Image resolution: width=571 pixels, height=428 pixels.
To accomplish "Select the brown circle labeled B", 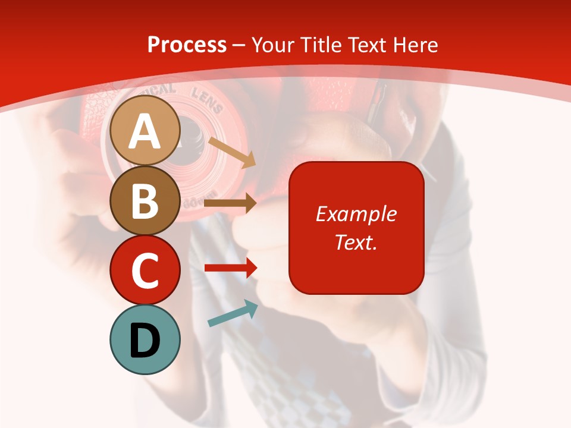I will click(145, 200).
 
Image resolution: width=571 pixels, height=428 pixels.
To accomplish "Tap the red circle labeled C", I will click(145, 270).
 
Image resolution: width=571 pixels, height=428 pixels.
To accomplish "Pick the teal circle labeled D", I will click(145, 339).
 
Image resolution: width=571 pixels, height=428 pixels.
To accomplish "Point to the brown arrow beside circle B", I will click(230, 203).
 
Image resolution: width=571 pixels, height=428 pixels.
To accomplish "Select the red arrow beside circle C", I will click(230, 268).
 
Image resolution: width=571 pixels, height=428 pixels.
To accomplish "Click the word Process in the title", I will click(187, 45).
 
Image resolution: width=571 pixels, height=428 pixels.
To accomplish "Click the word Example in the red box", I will click(356, 214).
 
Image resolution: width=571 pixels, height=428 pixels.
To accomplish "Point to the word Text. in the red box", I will click(356, 242).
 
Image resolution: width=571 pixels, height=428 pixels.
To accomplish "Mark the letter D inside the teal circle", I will click(145, 341).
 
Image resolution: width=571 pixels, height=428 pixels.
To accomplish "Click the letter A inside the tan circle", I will click(145, 132).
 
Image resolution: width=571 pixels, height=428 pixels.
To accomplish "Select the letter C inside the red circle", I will click(145, 271).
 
